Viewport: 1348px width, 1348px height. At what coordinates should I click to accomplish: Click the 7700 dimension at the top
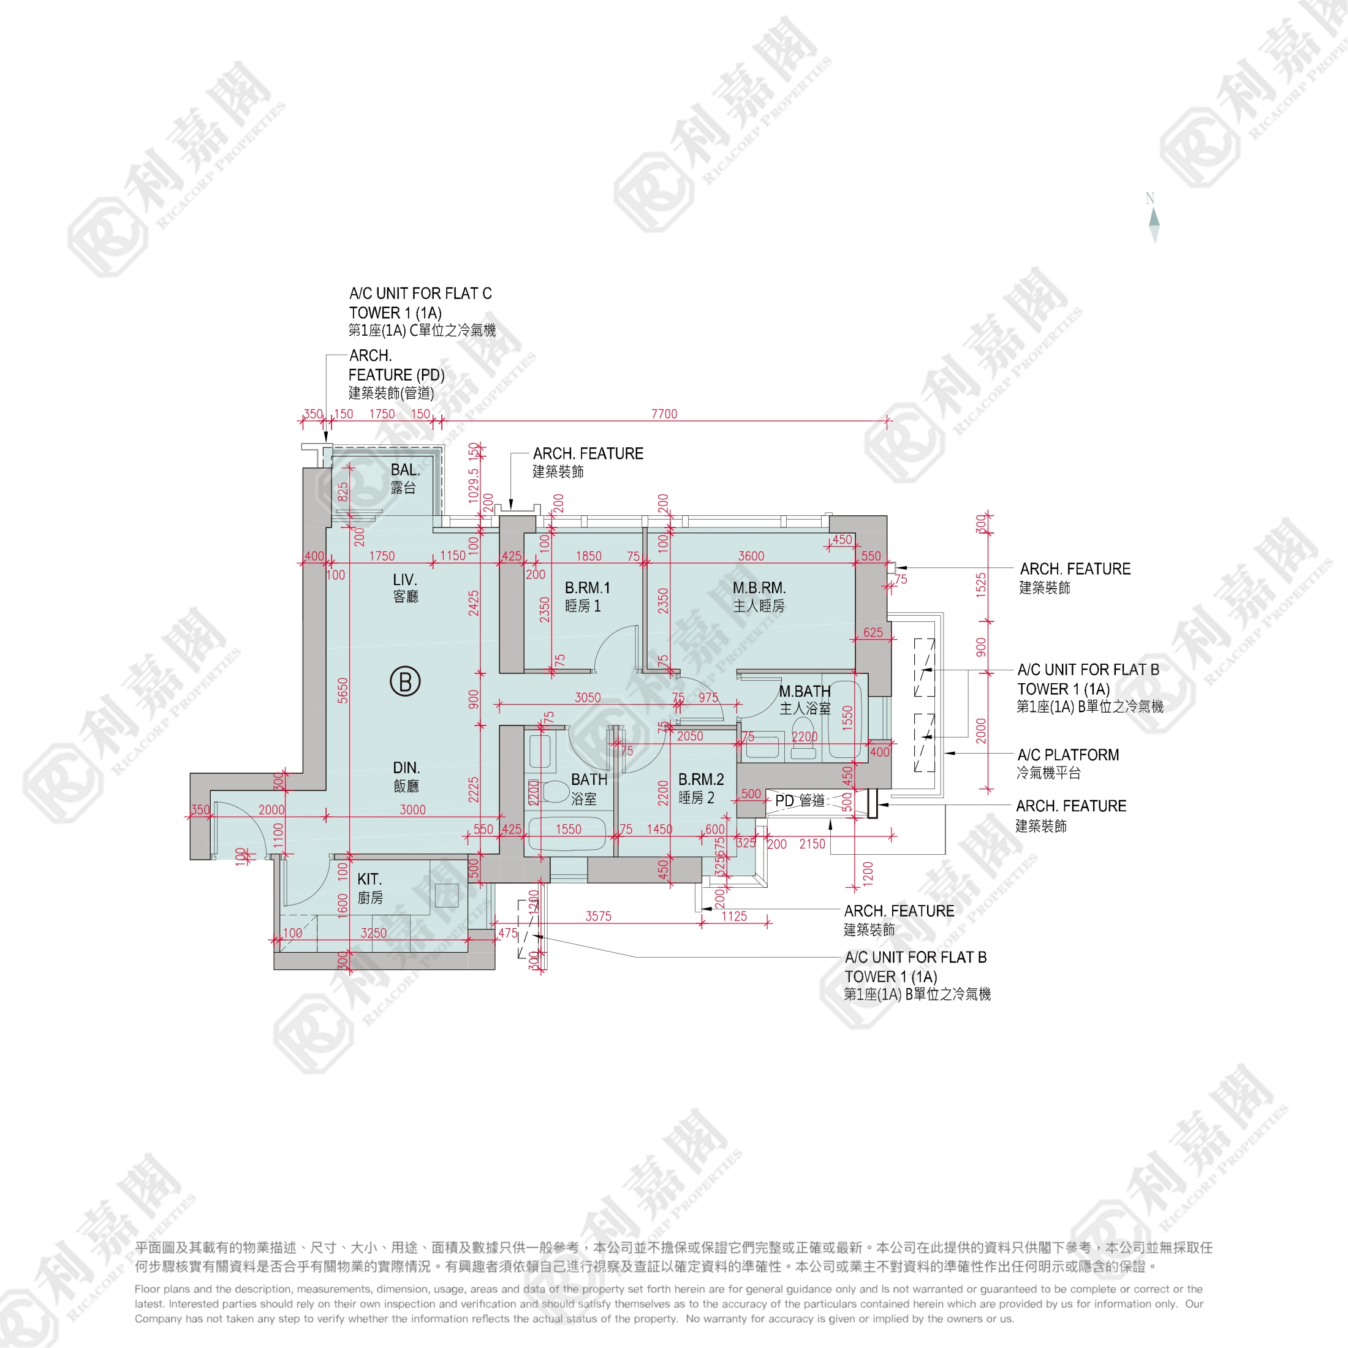tap(664, 414)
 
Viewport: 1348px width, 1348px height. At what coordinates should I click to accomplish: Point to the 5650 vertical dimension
tap(343, 690)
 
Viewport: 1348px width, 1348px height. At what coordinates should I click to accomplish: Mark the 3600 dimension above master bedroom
tap(751, 556)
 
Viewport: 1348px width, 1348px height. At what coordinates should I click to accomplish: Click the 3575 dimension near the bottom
tap(599, 916)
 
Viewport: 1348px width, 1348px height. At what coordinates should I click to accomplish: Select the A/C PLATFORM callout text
tap(1067, 755)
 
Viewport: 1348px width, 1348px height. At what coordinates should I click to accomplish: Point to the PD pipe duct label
tap(800, 800)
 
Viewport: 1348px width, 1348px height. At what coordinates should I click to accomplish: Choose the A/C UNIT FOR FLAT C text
tap(420, 293)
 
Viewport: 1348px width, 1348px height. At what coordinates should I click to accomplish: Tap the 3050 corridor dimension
tap(588, 698)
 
